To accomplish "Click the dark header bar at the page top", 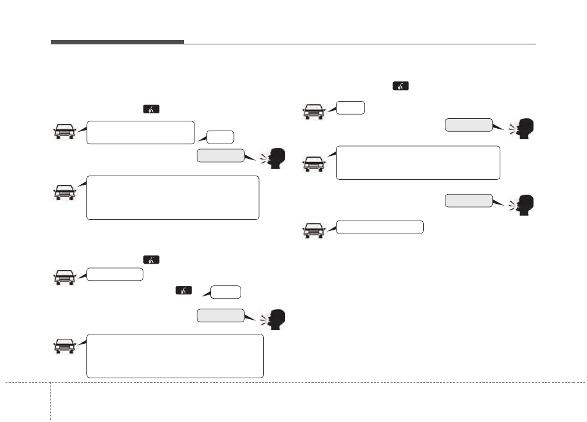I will pos(117,42).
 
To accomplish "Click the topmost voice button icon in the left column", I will pos(151,110).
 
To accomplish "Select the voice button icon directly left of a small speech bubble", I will pos(183,290).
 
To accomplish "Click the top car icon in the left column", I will pos(65,132).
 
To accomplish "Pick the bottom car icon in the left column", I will pos(65,346).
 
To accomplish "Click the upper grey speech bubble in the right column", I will pos(469,125).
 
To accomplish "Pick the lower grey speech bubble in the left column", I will pos(220,315).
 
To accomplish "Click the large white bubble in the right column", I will pos(418,163).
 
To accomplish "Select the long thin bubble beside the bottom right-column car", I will pos(380,227).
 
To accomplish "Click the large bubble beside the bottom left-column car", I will pos(175,356).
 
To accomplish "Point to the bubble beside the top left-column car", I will pos(141,132).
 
